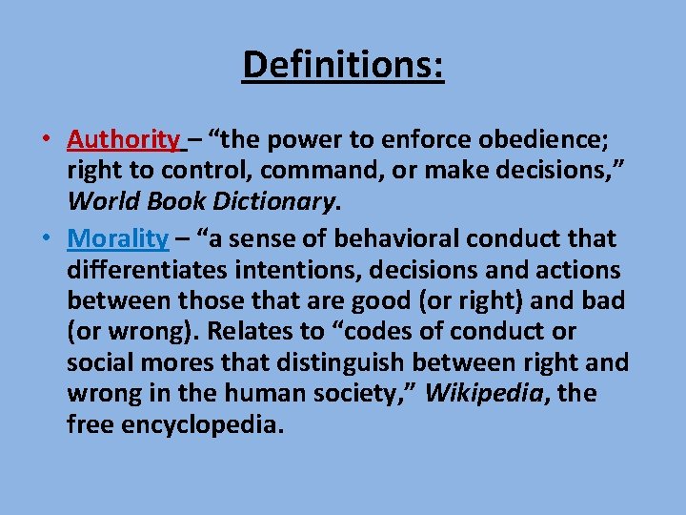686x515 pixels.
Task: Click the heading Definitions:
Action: click(x=343, y=65)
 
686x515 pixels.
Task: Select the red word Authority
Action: click(x=122, y=140)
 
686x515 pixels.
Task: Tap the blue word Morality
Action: click(x=118, y=238)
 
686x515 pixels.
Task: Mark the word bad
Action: click(x=604, y=301)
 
